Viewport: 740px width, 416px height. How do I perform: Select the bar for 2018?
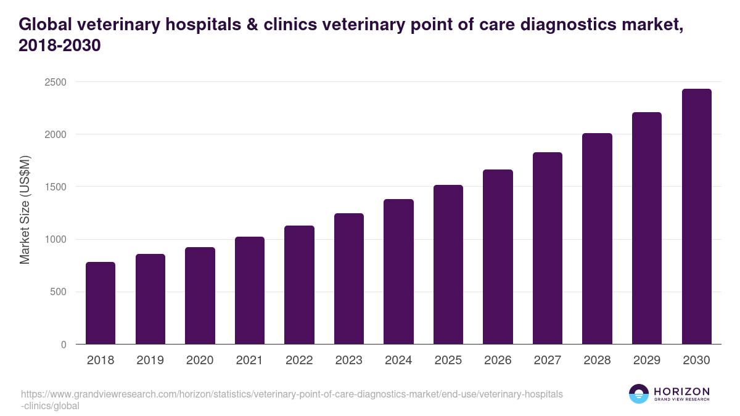pyautogui.click(x=101, y=303)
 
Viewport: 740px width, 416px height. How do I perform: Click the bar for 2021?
pyautogui.click(x=249, y=290)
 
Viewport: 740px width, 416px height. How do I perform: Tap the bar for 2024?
pyautogui.click(x=398, y=272)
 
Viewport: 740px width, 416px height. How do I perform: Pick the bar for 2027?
pyautogui.click(x=548, y=248)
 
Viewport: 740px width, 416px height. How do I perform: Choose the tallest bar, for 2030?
pyautogui.click(x=697, y=216)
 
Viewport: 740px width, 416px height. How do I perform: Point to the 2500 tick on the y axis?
pyautogui.click(x=55, y=82)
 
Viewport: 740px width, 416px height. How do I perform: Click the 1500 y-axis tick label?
pyautogui.click(x=55, y=187)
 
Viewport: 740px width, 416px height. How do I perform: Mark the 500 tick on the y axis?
pyautogui.click(x=58, y=292)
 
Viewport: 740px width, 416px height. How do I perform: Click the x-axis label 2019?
pyautogui.click(x=150, y=361)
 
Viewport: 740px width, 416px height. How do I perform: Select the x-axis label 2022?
pyautogui.click(x=299, y=361)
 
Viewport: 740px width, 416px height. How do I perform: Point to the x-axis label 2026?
pyautogui.click(x=498, y=361)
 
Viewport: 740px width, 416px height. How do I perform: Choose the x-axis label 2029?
pyautogui.click(x=647, y=361)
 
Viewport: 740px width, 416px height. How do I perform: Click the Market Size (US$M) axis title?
pyautogui.click(x=25, y=210)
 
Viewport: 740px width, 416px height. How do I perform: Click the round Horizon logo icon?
pyautogui.click(x=639, y=394)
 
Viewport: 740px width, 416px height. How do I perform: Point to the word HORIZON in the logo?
pyautogui.click(x=681, y=391)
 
